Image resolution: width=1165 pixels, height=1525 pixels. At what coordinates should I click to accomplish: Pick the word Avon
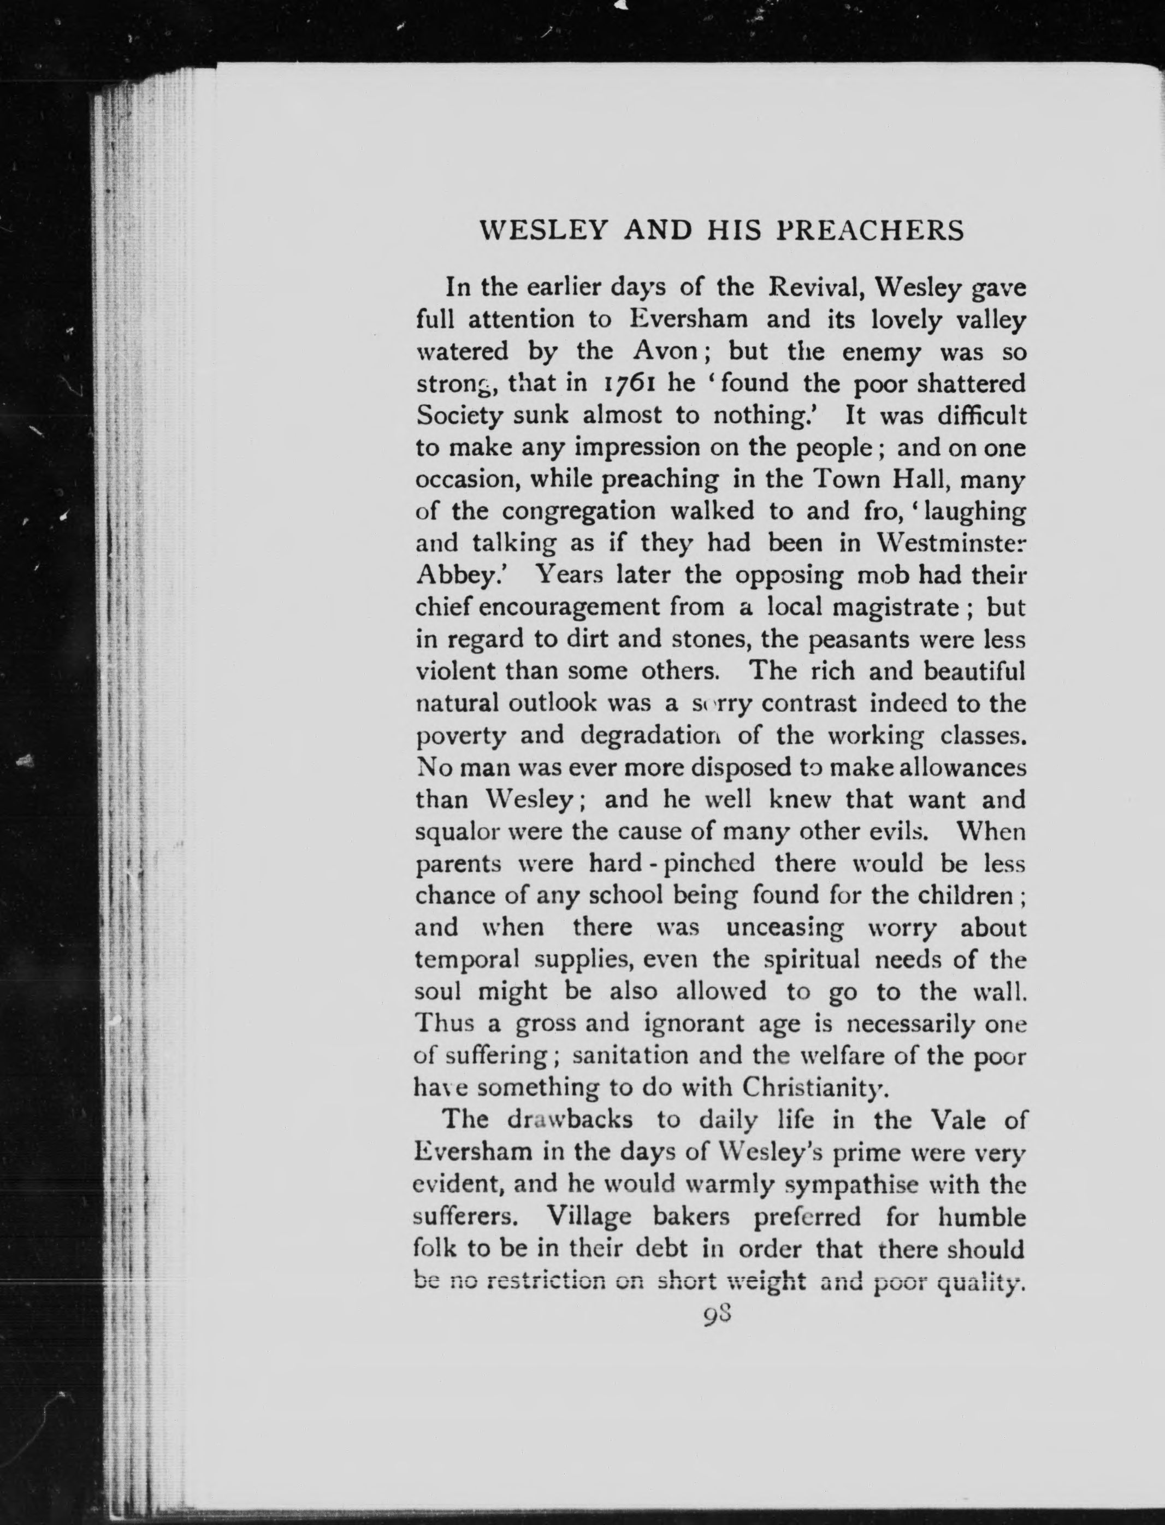(x=664, y=352)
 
